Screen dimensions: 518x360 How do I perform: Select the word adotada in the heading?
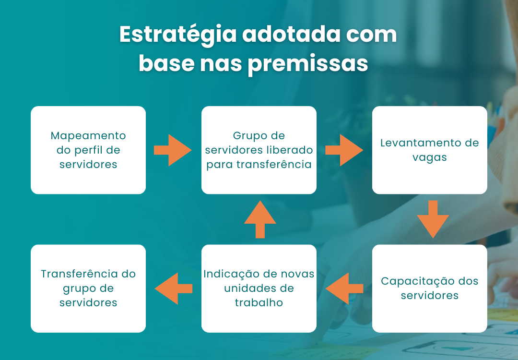click(292, 34)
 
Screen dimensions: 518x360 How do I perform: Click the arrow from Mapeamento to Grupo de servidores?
click(173, 150)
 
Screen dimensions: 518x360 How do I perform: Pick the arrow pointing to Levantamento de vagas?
click(344, 150)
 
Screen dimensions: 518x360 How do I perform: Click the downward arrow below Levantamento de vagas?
click(433, 219)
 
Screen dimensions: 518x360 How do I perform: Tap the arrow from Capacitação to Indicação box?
click(344, 288)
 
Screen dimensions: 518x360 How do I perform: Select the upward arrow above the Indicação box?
click(260, 219)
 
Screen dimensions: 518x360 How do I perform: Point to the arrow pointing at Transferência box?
click(174, 288)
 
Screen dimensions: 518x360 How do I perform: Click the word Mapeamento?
click(88, 136)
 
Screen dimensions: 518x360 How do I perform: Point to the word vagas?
click(429, 158)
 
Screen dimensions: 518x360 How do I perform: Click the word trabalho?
click(259, 302)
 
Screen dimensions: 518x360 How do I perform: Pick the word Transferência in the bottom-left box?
click(79, 274)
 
